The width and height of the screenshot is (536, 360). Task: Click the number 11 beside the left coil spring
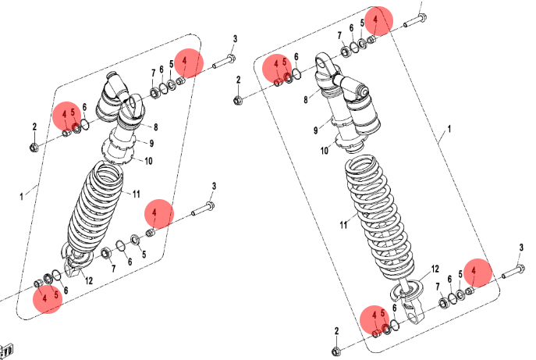pyautogui.click(x=137, y=194)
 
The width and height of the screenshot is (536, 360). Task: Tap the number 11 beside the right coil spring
pyautogui.click(x=343, y=225)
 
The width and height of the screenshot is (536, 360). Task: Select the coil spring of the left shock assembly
pyautogui.click(x=94, y=209)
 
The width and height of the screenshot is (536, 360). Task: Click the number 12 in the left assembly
pyautogui.click(x=89, y=280)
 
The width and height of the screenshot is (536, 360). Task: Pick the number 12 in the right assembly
pyautogui.click(x=435, y=269)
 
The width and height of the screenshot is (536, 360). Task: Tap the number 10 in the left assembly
pyautogui.click(x=148, y=161)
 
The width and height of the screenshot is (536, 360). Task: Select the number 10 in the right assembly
pyautogui.click(x=325, y=150)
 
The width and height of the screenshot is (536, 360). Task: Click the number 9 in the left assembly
pyautogui.click(x=151, y=143)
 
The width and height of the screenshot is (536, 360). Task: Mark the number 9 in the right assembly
pyautogui.click(x=315, y=130)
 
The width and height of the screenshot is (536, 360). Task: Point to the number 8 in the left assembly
pyautogui.click(x=155, y=127)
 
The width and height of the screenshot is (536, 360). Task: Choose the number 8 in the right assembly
pyautogui.click(x=306, y=99)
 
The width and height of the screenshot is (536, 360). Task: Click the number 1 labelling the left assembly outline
pyautogui.click(x=22, y=197)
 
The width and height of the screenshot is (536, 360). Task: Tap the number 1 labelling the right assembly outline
pyautogui.click(x=449, y=129)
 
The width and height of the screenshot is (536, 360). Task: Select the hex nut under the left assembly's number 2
pyautogui.click(x=34, y=148)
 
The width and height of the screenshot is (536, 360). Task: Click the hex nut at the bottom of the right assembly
pyautogui.click(x=336, y=351)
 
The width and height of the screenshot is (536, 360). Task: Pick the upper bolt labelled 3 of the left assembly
pyautogui.click(x=224, y=61)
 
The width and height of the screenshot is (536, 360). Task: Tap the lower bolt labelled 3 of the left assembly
pyautogui.click(x=203, y=209)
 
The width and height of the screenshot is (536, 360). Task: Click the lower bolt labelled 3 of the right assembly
pyautogui.click(x=513, y=271)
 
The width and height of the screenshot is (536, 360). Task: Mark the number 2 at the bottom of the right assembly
pyautogui.click(x=337, y=331)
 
